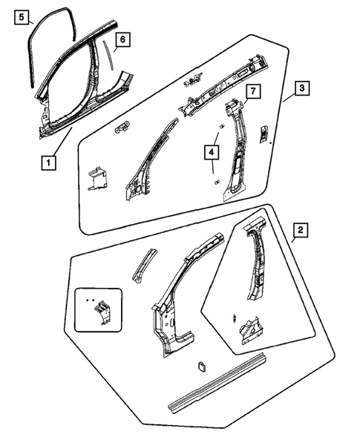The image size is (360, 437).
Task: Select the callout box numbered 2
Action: point(300,231)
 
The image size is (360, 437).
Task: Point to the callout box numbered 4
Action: point(212,153)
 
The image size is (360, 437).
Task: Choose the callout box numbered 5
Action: point(22,16)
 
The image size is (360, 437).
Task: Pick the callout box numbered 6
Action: point(123,39)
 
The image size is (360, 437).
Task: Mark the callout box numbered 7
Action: point(252,91)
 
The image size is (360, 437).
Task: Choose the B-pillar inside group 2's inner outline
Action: point(256,267)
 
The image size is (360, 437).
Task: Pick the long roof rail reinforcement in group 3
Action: point(223,82)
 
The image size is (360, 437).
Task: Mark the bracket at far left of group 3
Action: point(96,180)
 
